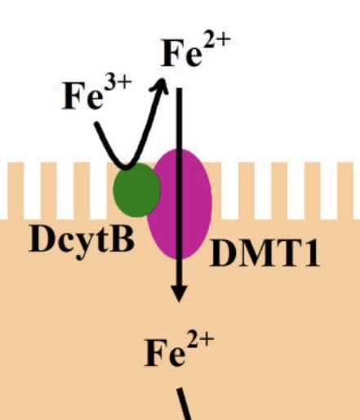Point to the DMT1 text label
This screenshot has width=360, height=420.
pyautogui.click(x=264, y=253)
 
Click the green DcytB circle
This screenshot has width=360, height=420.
pyautogui.click(x=136, y=190)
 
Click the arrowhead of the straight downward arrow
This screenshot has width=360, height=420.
pyautogui.click(x=179, y=293)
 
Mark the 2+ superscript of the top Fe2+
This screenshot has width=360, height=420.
pyautogui.click(x=217, y=42)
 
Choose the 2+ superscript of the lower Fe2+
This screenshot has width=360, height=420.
pyautogui.click(x=201, y=342)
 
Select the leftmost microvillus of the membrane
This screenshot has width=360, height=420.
pyautogui.click(x=16, y=190)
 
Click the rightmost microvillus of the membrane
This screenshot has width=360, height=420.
pyautogui.click(x=345, y=190)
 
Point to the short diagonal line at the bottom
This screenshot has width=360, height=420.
pyautogui.click(x=184, y=404)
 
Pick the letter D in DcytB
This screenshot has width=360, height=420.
pyautogui.click(x=41, y=239)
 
